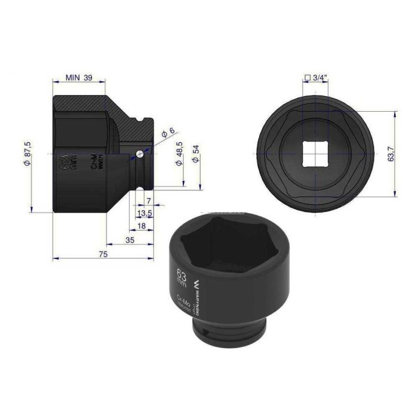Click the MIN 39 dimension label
(x=79, y=78)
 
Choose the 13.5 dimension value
(x=144, y=213)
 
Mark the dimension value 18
(x=140, y=225)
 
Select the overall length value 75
(x=103, y=254)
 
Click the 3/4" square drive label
(x=317, y=77)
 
